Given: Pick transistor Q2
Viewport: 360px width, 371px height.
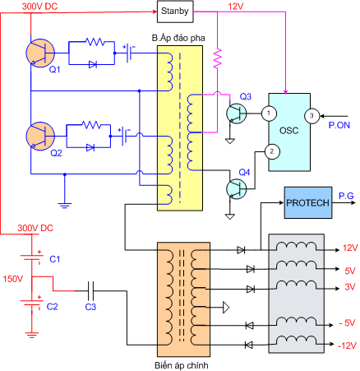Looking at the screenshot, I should coord(38,134).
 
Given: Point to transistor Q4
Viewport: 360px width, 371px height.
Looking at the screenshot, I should coord(237,188).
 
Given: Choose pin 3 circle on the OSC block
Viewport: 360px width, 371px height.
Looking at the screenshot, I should coord(312,114).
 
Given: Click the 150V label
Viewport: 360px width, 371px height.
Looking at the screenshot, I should coord(14,279).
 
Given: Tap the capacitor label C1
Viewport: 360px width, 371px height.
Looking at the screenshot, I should coord(54,259).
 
